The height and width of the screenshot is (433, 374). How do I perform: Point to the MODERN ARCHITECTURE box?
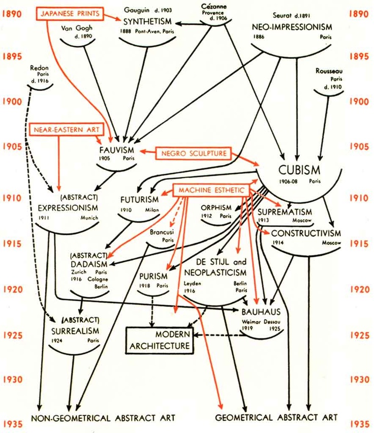tap(158, 341)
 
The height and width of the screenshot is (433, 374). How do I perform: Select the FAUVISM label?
tap(117, 150)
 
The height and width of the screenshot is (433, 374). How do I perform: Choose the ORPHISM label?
tap(216, 207)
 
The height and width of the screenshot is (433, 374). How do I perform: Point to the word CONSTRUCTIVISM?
tap(305, 233)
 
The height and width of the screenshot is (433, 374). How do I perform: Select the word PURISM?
tap(153, 276)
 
